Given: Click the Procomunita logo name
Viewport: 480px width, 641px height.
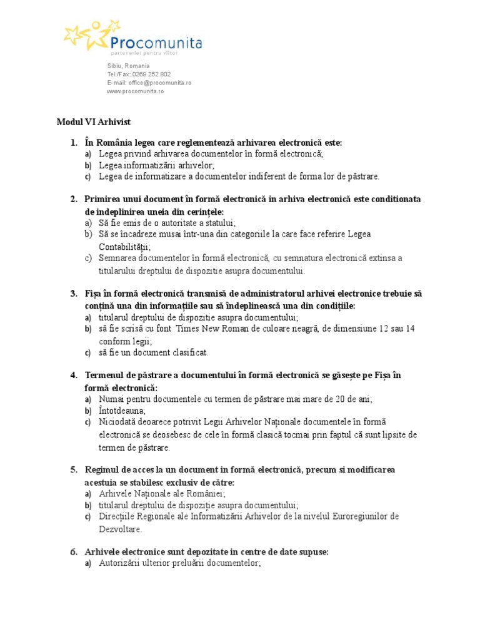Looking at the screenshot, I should coord(156,42).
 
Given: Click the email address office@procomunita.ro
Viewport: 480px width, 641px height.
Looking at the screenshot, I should coord(160,83).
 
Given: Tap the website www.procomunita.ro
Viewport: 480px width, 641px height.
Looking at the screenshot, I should coord(135,91).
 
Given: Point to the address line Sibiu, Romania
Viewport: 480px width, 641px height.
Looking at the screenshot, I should coord(128,66).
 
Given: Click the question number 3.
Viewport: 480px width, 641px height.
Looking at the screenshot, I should coord(73,293).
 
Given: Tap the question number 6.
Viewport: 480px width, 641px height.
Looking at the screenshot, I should coord(73,551).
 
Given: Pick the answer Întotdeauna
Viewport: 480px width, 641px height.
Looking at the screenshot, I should coord(122,411).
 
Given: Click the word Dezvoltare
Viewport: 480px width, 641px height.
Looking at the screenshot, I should coord(120,528).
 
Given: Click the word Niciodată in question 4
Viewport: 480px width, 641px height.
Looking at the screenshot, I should coord(118,423).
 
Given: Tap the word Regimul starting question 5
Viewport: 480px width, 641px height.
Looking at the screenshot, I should coord(103,469).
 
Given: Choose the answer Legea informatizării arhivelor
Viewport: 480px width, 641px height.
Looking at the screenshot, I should coord(156,165).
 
